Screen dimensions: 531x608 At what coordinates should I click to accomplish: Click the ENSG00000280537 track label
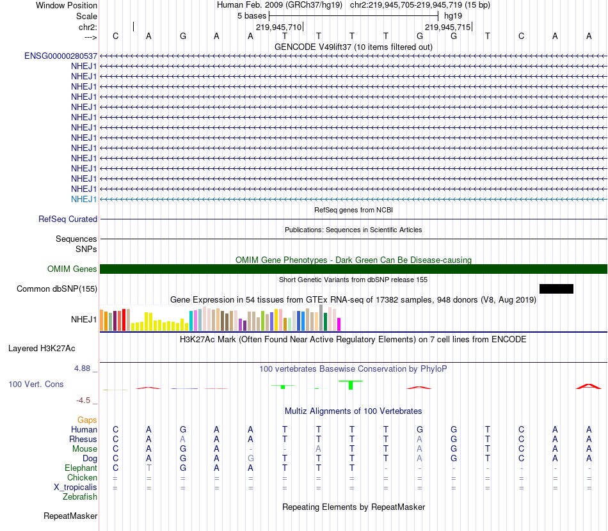click(x=61, y=56)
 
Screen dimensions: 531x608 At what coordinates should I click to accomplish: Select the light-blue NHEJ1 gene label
click(x=84, y=199)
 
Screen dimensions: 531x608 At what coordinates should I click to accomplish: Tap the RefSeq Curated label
click(x=68, y=219)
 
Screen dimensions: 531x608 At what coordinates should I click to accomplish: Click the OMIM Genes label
click(x=72, y=269)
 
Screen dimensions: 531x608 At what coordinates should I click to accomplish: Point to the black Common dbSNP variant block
click(x=556, y=289)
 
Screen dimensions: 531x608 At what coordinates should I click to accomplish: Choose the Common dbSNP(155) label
click(x=57, y=289)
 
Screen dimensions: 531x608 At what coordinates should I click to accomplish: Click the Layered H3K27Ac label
click(x=42, y=349)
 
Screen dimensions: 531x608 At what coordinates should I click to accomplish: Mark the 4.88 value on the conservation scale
click(x=83, y=369)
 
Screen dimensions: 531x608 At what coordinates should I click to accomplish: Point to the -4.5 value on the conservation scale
click(x=83, y=400)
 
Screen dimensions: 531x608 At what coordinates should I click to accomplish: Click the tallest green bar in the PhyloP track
click(x=350, y=384)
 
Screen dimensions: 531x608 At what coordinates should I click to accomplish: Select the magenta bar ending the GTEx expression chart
click(x=339, y=324)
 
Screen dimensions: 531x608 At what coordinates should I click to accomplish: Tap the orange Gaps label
click(x=87, y=420)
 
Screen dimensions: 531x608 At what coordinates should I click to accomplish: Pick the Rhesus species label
click(x=83, y=440)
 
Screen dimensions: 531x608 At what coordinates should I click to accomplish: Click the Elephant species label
click(x=81, y=468)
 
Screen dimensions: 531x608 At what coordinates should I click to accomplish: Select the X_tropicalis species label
click(x=76, y=487)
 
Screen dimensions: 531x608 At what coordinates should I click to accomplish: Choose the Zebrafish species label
click(x=80, y=497)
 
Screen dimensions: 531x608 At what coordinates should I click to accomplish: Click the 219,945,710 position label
click(x=278, y=27)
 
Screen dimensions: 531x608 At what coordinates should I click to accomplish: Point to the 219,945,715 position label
click(x=447, y=27)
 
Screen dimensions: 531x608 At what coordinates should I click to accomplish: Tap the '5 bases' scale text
click(x=252, y=15)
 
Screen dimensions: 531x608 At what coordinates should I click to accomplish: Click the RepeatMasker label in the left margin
click(x=70, y=516)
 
